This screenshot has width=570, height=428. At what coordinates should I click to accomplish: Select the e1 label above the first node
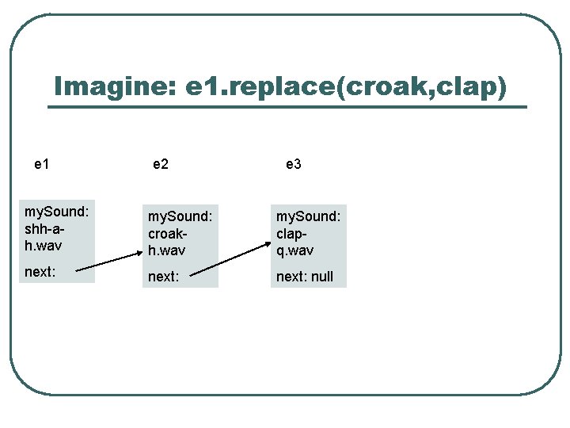click(42, 164)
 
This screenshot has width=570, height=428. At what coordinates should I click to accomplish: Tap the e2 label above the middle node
click(161, 164)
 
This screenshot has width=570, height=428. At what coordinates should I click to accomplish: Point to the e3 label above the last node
click(293, 164)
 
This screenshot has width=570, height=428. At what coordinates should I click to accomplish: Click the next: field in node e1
click(40, 272)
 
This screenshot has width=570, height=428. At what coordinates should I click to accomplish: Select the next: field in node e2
click(163, 277)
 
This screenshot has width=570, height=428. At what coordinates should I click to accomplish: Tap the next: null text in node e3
click(305, 277)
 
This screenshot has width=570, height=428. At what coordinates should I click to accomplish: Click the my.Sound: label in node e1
click(57, 212)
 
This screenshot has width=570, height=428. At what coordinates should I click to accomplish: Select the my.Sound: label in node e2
click(180, 216)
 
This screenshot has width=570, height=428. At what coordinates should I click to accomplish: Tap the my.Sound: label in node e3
click(308, 216)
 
